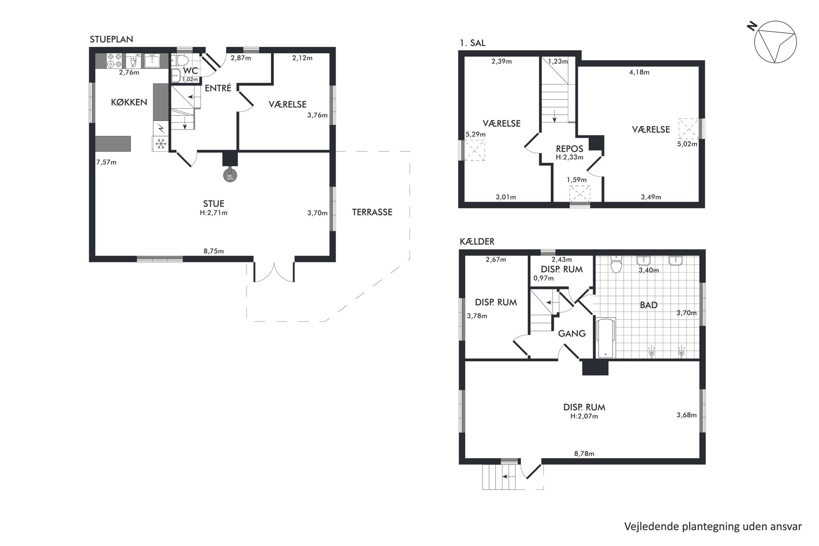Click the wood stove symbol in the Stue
point(230,176)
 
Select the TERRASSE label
point(372,212)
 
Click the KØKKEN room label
point(129,102)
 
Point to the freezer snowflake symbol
point(160,144)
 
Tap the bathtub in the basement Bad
point(606,338)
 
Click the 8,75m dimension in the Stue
point(213,251)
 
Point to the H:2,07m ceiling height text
point(584,416)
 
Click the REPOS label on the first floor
point(570,149)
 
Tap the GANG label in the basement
point(572,333)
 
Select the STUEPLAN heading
point(111,40)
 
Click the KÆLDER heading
point(477,242)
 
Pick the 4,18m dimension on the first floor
point(639,72)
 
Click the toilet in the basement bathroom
point(616,265)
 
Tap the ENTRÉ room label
point(218,88)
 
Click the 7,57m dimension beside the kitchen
point(106,162)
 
